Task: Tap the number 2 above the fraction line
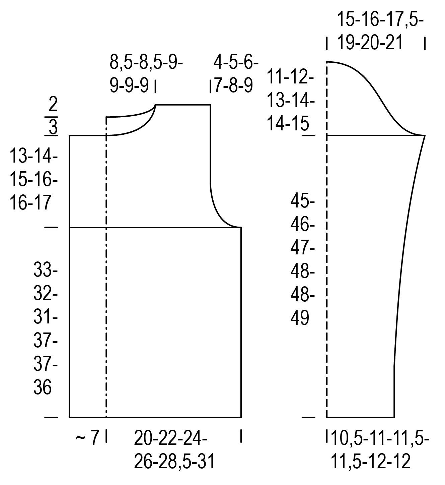(x=53, y=104)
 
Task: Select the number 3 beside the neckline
(x=53, y=127)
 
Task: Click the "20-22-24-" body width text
(x=170, y=438)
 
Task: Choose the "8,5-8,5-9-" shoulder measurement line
(x=146, y=63)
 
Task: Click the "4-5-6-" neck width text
(x=236, y=62)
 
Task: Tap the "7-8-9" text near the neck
(x=233, y=85)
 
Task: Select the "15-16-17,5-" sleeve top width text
(x=380, y=19)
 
